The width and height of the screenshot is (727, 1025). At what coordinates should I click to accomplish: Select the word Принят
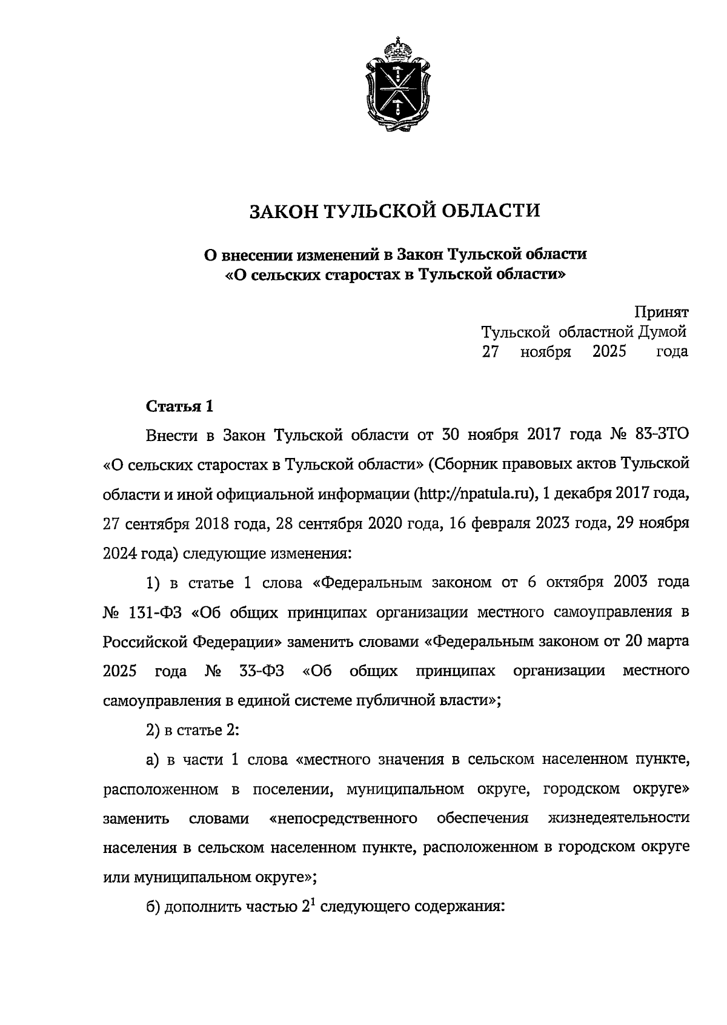tap(662, 312)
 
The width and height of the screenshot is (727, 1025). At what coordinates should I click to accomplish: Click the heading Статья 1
tap(179, 406)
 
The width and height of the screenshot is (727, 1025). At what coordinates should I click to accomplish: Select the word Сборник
tap(464, 464)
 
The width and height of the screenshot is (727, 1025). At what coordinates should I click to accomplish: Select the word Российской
tap(145, 641)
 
